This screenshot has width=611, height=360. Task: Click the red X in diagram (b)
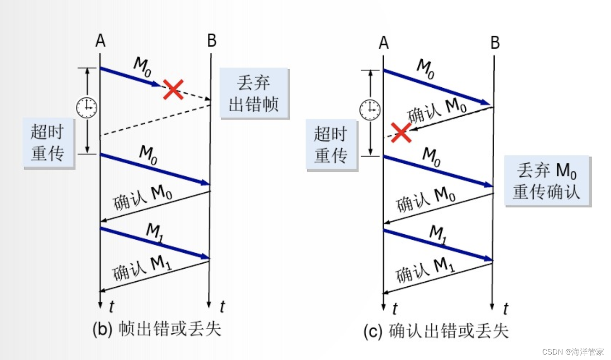pyautogui.click(x=172, y=89)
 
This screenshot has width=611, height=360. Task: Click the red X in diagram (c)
pyautogui.click(x=401, y=132)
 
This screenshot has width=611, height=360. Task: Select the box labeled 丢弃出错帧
pyautogui.click(x=254, y=94)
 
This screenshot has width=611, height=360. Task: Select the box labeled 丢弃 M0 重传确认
pyautogui.click(x=547, y=181)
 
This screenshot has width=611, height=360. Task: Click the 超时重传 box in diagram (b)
pyautogui.click(x=48, y=142)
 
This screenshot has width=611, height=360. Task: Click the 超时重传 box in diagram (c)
pyautogui.click(x=332, y=145)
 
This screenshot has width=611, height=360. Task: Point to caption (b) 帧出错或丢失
pyautogui.click(x=157, y=329)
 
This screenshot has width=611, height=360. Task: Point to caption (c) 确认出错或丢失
pyautogui.click(x=436, y=331)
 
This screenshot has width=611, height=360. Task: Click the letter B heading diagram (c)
pyautogui.click(x=495, y=43)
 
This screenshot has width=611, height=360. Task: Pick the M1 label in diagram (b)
pyautogui.click(x=154, y=232)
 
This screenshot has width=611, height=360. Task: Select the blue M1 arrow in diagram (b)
pyautogui.click(x=154, y=243)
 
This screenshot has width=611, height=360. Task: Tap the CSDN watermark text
pyautogui.click(x=573, y=351)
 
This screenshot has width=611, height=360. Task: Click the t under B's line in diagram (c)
pyautogui.click(x=505, y=309)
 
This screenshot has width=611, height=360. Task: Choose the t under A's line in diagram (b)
pyautogui.click(x=111, y=307)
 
